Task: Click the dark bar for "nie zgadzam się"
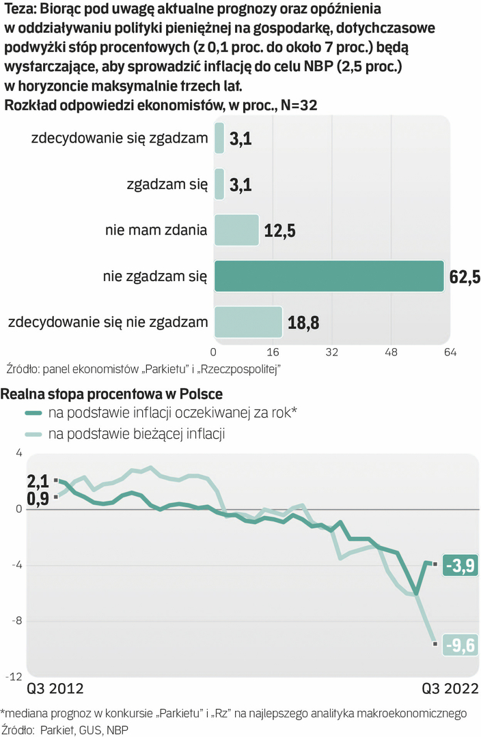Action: pos(329,276)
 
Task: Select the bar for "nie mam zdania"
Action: pos(236,230)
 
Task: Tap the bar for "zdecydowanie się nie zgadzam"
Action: pos(248,322)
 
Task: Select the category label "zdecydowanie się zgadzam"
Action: pos(120,139)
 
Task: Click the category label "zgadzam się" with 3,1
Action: pos(167,184)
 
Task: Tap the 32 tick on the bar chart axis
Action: pos(332,352)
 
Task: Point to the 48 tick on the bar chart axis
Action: pos(391,352)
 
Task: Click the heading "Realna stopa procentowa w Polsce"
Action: pos(113,394)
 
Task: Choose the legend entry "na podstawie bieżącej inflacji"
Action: pos(137,433)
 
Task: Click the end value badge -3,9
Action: pos(459,565)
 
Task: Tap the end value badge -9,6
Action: pos(459,644)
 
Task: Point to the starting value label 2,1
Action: pos(38,480)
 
